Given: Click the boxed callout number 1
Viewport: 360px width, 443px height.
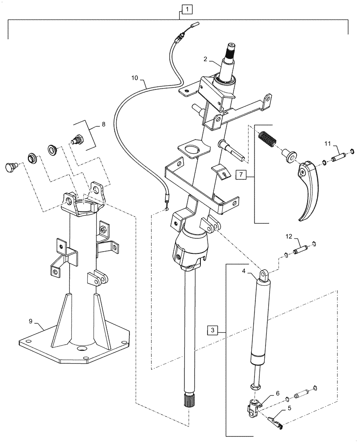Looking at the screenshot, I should click(187, 8).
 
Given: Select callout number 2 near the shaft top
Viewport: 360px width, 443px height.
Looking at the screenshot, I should click(206, 59).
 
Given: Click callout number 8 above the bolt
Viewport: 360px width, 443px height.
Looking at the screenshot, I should click(103, 124).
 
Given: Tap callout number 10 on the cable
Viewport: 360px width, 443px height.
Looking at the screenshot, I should click(135, 78).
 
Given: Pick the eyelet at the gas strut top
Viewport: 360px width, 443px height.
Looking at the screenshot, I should click(265, 275).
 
